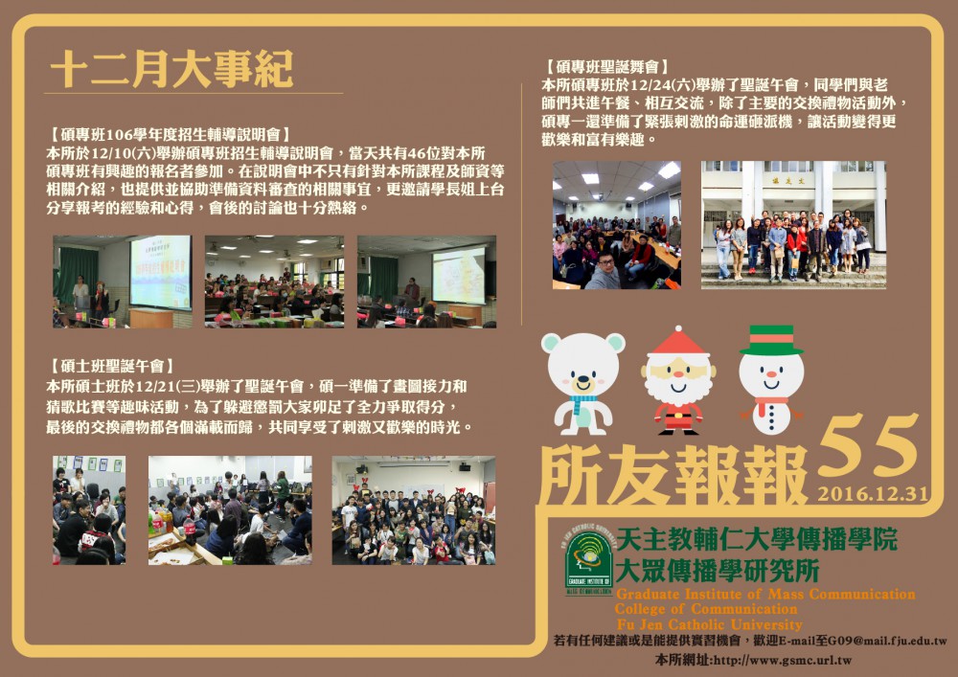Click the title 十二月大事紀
[171, 69]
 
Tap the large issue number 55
[868, 445]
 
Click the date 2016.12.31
[873, 493]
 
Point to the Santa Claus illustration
[678, 381]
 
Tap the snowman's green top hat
[771, 340]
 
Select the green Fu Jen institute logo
[588, 559]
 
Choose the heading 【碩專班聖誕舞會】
[606, 66]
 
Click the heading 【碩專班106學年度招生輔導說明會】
[169, 134]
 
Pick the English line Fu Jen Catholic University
[709, 624]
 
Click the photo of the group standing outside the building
[793, 225]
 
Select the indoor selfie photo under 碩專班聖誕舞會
[616, 225]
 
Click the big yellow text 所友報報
[673, 474]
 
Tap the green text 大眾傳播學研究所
[718, 572]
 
